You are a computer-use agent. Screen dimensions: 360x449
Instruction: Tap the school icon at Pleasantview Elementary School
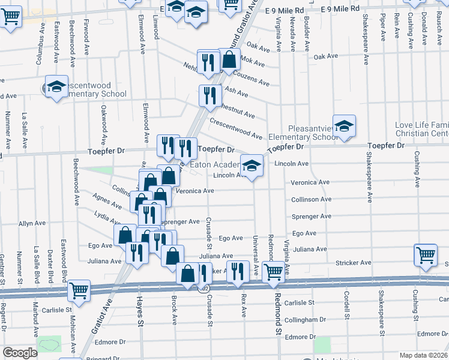344,126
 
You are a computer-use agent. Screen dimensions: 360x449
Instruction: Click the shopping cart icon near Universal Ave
274,271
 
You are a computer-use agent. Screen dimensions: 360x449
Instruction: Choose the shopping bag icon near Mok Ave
229,59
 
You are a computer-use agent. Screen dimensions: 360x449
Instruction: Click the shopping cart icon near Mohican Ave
79,291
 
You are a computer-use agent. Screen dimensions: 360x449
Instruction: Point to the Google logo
20,353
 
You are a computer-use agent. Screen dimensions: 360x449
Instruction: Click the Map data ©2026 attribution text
423,355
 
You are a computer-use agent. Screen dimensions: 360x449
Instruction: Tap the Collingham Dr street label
305,320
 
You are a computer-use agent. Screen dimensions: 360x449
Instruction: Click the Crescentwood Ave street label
236,129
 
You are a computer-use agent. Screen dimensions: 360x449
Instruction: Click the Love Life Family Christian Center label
421,129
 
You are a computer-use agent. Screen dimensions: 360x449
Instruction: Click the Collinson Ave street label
311,199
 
